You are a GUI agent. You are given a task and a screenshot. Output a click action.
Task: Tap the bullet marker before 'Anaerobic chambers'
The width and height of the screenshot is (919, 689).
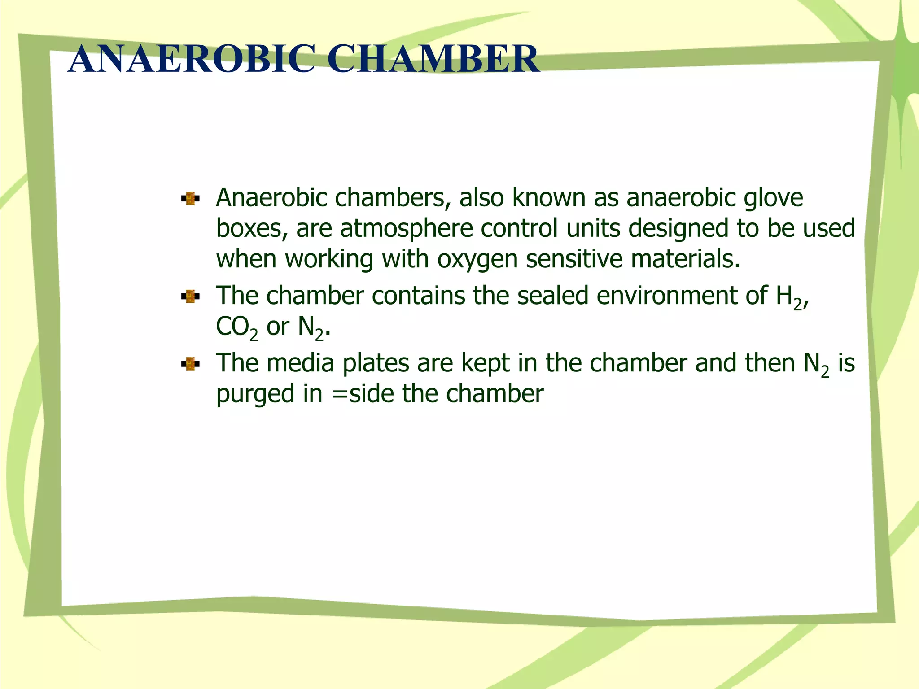point(190,199)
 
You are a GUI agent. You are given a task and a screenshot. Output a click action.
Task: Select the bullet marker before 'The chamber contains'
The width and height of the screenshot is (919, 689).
point(190,297)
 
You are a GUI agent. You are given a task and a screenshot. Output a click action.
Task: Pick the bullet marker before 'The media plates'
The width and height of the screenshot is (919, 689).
point(190,364)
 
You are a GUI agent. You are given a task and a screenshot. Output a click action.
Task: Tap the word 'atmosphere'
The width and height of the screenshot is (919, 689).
point(406,228)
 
